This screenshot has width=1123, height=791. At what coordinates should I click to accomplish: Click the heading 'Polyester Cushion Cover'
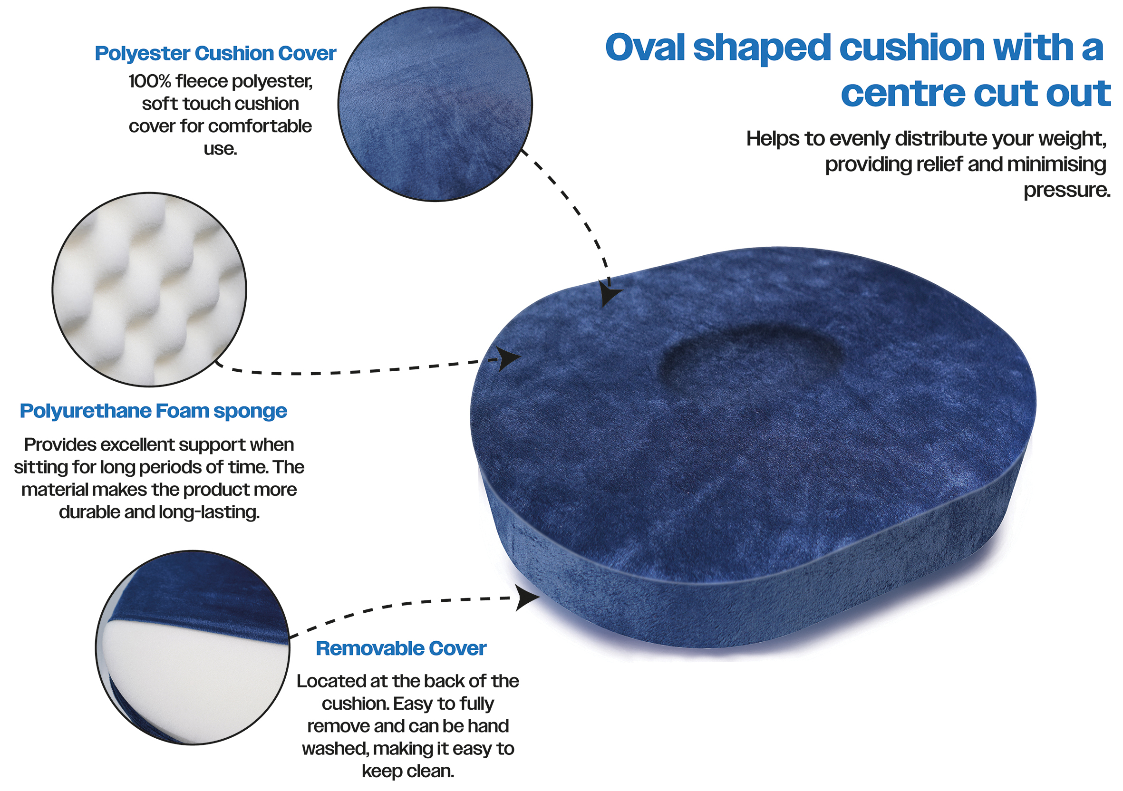(215, 54)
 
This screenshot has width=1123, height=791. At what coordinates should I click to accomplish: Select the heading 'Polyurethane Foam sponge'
(153, 412)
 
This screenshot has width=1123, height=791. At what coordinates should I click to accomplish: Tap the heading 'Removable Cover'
(401, 649)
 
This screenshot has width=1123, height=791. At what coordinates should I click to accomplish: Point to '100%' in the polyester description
(150, 81)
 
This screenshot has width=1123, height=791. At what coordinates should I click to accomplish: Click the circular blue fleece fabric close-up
(436, 104)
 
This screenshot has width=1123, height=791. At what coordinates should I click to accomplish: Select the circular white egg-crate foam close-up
(149, 289)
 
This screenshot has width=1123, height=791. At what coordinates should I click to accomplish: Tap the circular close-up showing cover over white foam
(193, 648)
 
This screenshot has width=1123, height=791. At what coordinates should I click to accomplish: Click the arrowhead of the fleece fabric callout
(609, 293)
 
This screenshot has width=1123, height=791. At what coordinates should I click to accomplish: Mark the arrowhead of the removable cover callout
(527, 598)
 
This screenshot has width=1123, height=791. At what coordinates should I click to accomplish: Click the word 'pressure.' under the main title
(1067, 190)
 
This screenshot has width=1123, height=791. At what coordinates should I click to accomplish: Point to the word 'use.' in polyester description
(220, 149)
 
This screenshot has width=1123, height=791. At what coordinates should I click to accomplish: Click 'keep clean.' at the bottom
(408, 772)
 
